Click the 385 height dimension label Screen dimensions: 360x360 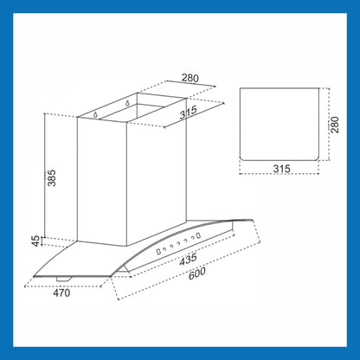coord(52,178)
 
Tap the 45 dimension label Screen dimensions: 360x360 coord(35,241)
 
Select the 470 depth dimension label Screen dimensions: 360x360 coord(61,293)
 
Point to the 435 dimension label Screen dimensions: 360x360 coord(188,259)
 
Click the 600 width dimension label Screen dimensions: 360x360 coord(197,273)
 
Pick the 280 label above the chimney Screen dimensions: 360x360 coord(190,78)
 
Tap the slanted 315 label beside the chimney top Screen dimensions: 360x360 coord(189,112)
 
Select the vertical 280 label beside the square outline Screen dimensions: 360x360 coord(335,125)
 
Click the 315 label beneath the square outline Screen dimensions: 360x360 coord(281,169)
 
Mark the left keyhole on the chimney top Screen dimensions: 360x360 coord(96,115)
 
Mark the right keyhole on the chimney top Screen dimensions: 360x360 coord(127,103)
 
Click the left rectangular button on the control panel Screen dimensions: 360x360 coord(158,252)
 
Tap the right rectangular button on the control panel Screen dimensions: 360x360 coord(198,235)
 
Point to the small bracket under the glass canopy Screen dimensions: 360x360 coord(64,279)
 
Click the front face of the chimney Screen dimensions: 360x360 coord(102,182)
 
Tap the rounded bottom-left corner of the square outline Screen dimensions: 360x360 coord(241,158)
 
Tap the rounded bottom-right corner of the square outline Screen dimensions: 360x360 coord(317,158)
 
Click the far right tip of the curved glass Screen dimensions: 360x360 coord(254,221)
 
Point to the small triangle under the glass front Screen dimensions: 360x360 coord(125,269)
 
